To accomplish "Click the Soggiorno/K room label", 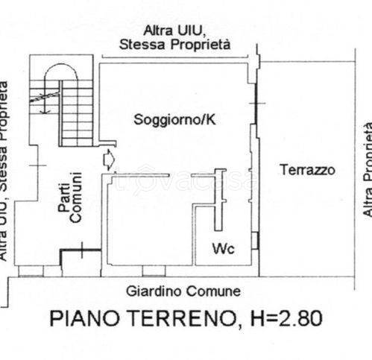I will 171,119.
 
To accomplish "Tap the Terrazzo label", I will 307,170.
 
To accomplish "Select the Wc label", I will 224,248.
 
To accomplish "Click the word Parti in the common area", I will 65,200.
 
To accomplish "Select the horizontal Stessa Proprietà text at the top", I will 174,45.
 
